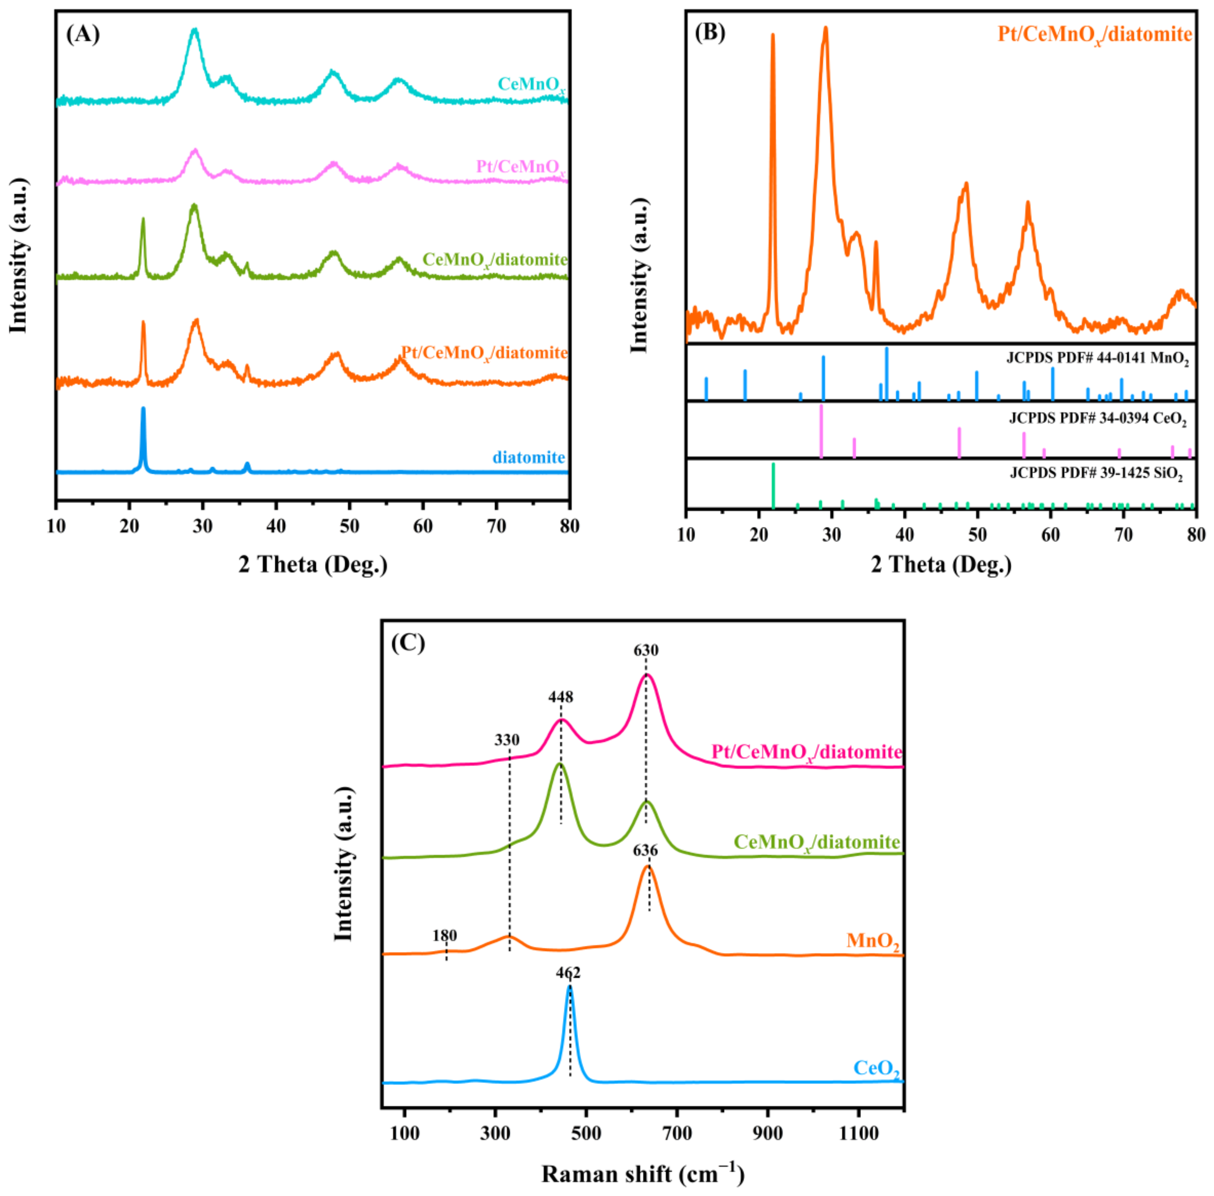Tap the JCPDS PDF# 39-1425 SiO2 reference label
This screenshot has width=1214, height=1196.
1096,473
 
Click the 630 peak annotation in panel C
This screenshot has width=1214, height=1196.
646,650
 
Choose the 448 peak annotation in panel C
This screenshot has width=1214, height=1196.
561,697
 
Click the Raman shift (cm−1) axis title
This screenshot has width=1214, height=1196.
642,1173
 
